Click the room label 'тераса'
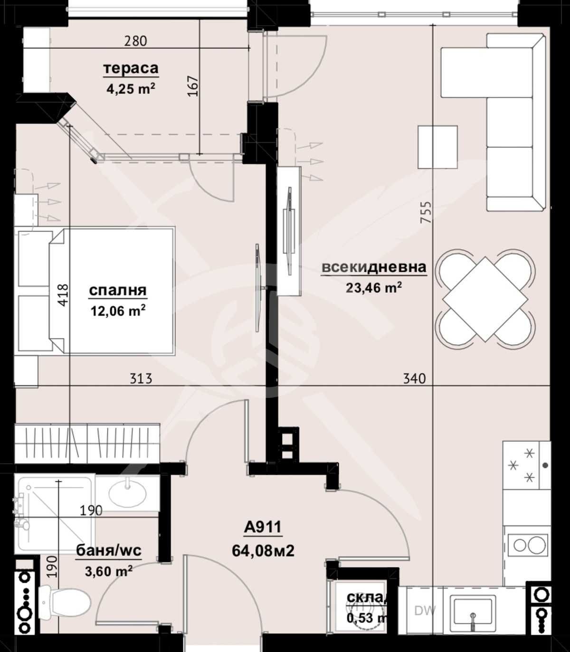click(x=131, y=68)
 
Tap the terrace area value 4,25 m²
click(x=131, y=89)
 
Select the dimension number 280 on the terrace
click(x=135, y=41)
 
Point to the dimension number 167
click(x=192, y=86)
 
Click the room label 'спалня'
click(x=118, y=290)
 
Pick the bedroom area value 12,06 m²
click(x=118, y=311)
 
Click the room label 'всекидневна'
click(x=374, y=267)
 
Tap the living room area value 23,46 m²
click(x=374, y=288)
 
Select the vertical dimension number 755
click(x=426, y=212)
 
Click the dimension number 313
click(x=141, y=378)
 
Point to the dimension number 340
click(x=414, y=378)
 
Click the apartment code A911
click(x=263, y=527)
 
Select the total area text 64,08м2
click(x=263, y=551)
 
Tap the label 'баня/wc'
click(x=109, y=550)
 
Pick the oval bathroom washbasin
click(x=127, y=494)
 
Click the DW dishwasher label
click(x=425, y=611)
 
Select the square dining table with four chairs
click(x=485, y=299)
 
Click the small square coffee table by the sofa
click(x=437, y=147)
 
